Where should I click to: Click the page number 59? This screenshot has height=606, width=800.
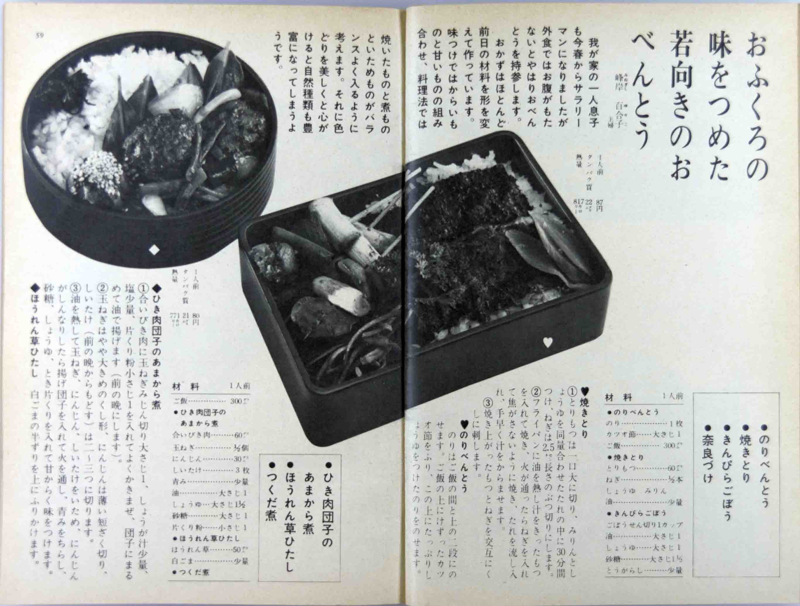39,35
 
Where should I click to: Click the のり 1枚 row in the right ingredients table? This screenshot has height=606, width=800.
644,423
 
